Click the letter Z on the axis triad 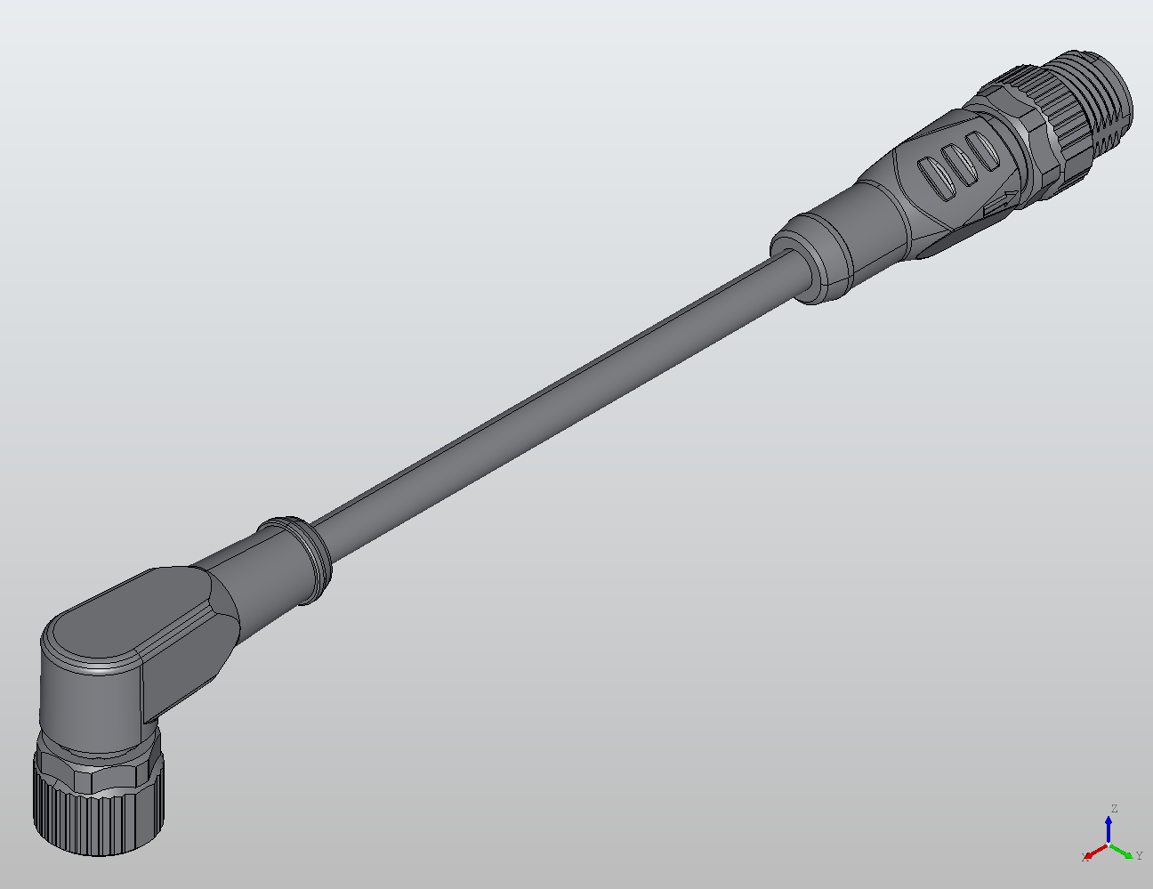coord(1113,809)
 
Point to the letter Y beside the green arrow coord(1139,856)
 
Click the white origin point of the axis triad coord(1109,844)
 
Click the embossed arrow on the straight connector coord(1004,202)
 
